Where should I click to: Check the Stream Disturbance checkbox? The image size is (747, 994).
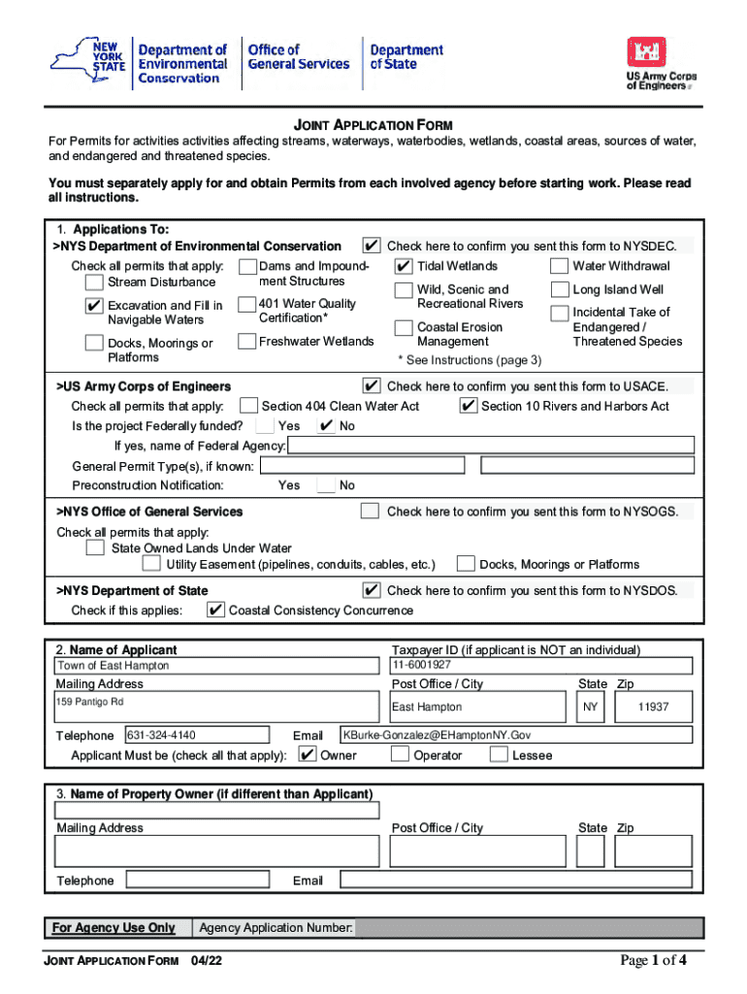coord(94,282)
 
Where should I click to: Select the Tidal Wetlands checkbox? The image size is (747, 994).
coord(404,266)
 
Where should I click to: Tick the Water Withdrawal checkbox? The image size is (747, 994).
coord(559,266)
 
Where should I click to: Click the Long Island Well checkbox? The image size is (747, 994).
coord(559,289)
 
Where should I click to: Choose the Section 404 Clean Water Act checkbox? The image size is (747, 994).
coord(248,406)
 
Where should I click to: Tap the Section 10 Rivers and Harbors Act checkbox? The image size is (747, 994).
coord(468,406)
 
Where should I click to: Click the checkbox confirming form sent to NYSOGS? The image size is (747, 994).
coord(370,512)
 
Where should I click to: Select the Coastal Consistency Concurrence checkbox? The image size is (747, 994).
coord(215,611)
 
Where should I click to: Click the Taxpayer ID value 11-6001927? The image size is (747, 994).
coord(422,665)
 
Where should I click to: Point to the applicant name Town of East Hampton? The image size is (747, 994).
coord(114,666)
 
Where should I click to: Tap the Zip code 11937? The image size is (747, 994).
coord(653,708)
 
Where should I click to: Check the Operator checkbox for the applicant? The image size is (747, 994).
coord(400,755)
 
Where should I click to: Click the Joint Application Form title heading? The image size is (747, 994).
coord(373,125)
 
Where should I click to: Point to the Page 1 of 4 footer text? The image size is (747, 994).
coord(654,961)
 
